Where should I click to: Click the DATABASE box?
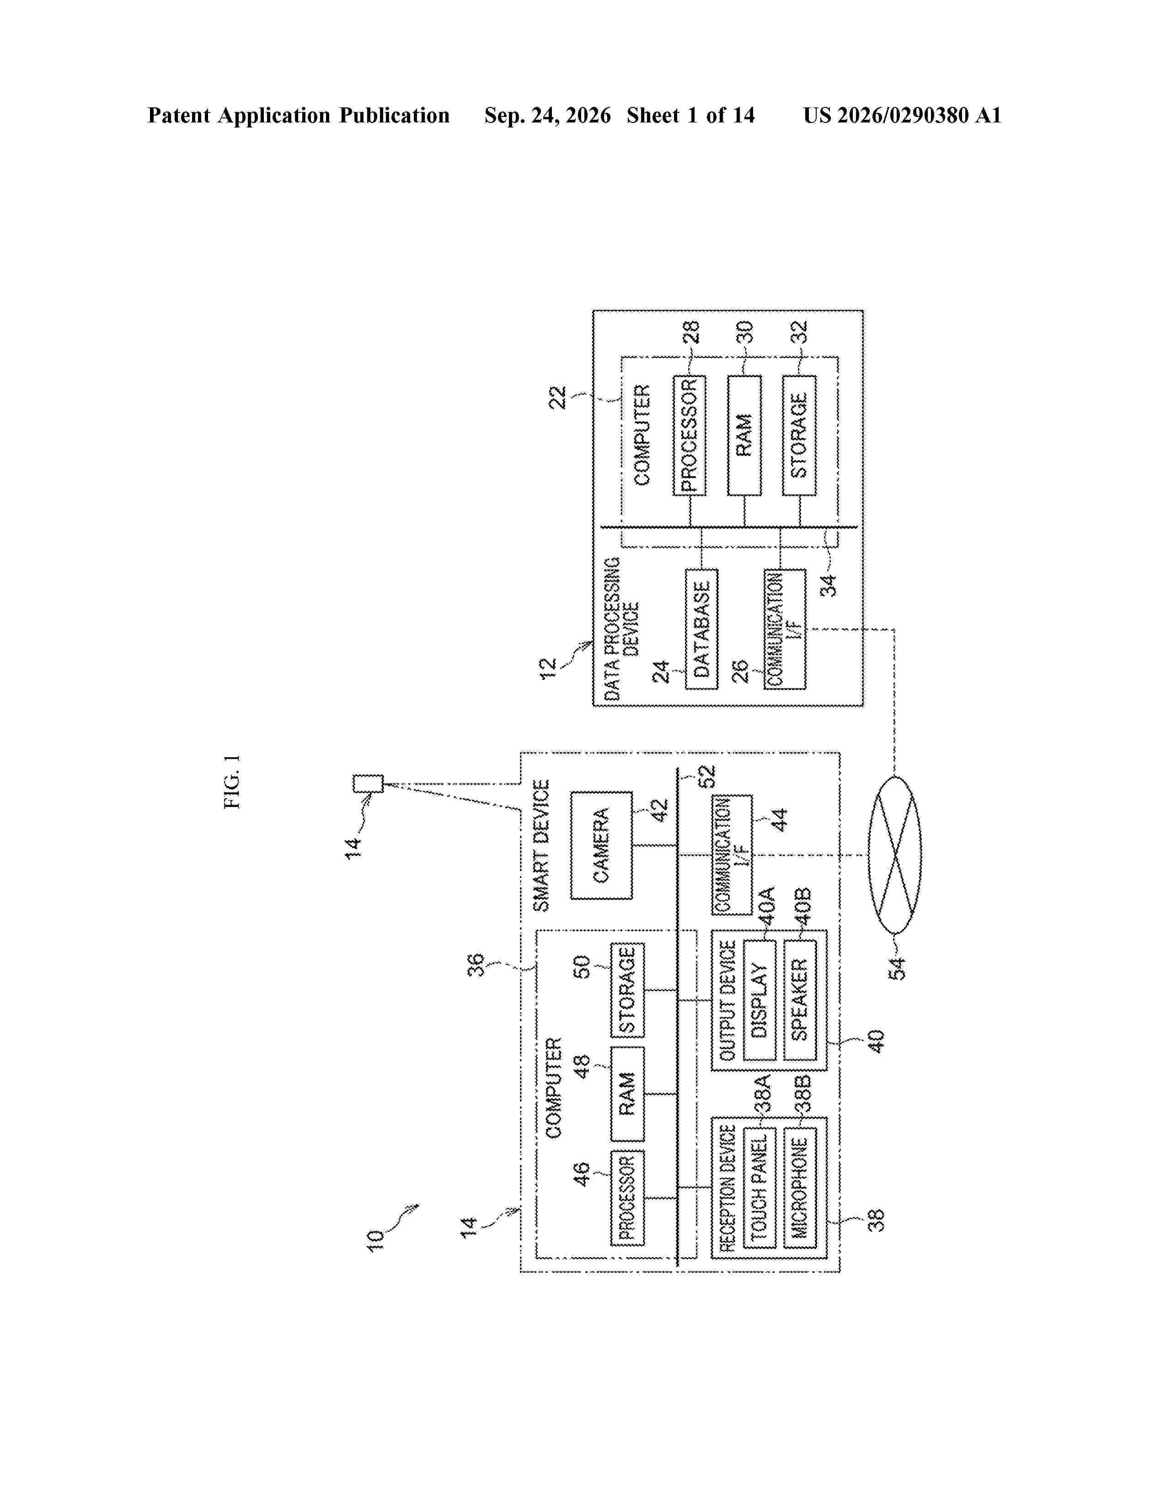(701, 628)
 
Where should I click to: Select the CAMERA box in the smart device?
(601, 845)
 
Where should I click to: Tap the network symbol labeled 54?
(894, 855)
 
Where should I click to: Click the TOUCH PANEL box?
(759, 1188)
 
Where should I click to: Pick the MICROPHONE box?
(799, 1188)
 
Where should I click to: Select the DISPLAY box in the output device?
(759, 1000)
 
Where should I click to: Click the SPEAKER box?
(799, 1000)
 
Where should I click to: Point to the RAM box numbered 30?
(744, 435)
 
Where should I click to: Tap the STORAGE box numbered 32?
(799, 435)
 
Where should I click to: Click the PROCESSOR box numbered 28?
(690, 435)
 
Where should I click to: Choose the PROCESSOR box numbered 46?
(627, 1198)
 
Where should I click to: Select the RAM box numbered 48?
(627, 1094)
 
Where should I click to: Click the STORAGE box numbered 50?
(627, 990)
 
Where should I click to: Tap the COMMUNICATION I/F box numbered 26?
(785, 628)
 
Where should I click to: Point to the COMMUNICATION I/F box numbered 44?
(732, 855)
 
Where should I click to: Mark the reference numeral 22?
(557, 398)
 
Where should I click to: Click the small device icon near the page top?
(368, 784)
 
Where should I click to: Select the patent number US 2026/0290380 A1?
(902, 115)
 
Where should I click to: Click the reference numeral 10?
(374, 1240)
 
